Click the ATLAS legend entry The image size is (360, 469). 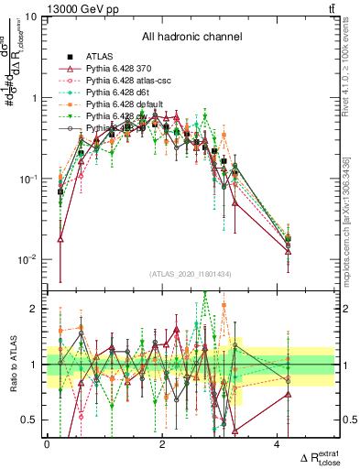[x=101, y=58]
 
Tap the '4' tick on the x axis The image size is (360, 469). [x=278, y=445]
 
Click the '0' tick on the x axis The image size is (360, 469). [x=48, y=445]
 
